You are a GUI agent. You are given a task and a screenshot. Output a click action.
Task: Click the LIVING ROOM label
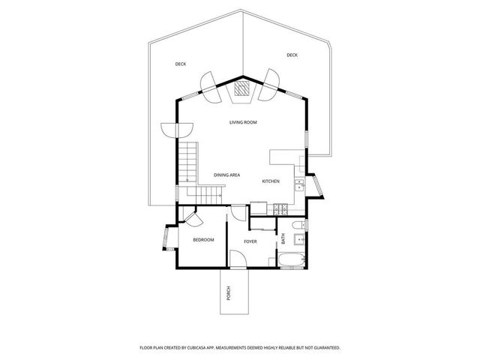[243, 121]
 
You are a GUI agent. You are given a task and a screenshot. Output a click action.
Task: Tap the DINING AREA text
[226, 175]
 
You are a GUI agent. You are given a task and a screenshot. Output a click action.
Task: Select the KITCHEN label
[271, 181]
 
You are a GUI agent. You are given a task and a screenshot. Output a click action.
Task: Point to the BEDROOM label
[203, 240]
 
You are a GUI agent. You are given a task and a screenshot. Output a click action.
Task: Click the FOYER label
[250, 241]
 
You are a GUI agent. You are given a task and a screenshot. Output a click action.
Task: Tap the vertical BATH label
[283, 239]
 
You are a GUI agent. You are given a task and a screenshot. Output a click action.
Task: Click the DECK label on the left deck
[180, 64]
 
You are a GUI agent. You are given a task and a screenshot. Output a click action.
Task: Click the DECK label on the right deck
[292, 55]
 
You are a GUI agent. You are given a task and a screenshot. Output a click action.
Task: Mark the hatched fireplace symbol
[241, 90]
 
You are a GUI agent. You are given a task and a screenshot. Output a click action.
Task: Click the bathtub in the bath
[291, 262]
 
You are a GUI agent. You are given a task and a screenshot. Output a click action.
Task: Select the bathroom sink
[298, 240]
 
